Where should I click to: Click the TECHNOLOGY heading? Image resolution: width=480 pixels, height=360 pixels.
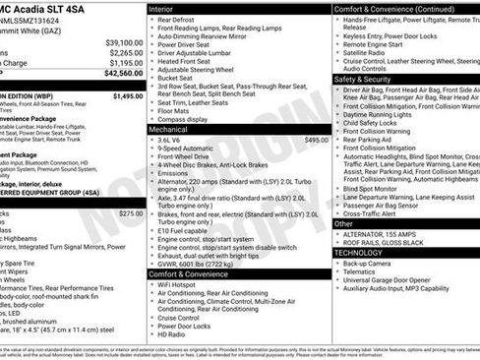pyautogui.click(x=360, y=253)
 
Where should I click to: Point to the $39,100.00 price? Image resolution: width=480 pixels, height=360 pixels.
pyautogui.click(x=124, y=43)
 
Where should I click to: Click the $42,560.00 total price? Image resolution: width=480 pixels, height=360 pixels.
pyautogui.click(x=124, y=73)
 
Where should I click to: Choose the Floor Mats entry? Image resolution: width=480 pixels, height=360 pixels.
pyautogui.click(x=177, y=109)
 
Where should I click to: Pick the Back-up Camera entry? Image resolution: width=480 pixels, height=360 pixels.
pyautogui.click(x=371, y=265)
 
